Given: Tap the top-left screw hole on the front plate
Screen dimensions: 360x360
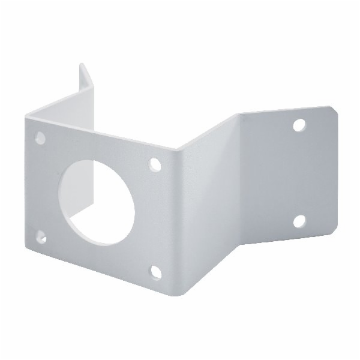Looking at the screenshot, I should point(40,137).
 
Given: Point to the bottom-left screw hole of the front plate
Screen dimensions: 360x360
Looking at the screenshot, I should point(40,236).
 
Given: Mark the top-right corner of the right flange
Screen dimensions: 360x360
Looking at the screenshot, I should point(333,108).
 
